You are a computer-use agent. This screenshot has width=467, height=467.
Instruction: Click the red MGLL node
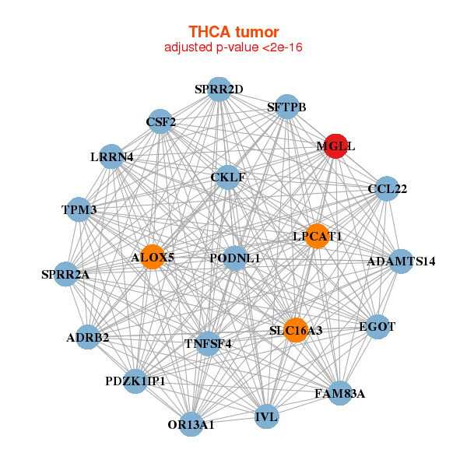(335, 146)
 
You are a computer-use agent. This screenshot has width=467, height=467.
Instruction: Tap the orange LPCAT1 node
(317, 236)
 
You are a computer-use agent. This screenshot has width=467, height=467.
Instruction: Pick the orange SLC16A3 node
(295, 330)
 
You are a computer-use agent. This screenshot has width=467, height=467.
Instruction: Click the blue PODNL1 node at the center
(235, 258)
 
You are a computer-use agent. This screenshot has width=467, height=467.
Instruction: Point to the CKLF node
(227, 177)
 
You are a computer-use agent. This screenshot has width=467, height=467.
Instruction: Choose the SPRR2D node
(219, 90)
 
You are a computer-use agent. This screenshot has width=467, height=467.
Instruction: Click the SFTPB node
(287, 107)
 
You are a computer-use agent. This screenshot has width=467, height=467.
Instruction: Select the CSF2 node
(160, 121)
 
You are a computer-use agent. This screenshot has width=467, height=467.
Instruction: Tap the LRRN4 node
(112, 156)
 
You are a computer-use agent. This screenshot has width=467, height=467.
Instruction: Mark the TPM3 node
(79, 209)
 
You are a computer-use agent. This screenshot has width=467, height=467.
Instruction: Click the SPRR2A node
(66, 274)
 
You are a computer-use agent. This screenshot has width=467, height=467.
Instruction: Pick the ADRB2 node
(88, 337)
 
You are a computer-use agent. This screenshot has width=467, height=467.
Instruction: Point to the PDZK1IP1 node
(135, 381)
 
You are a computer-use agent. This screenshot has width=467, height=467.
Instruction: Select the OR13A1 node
(191, 424)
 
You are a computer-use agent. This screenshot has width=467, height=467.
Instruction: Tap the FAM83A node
(340, 393)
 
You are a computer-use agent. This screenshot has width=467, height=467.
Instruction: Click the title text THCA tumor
(233, 32)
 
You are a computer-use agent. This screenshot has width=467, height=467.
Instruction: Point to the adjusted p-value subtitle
(233, 47)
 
